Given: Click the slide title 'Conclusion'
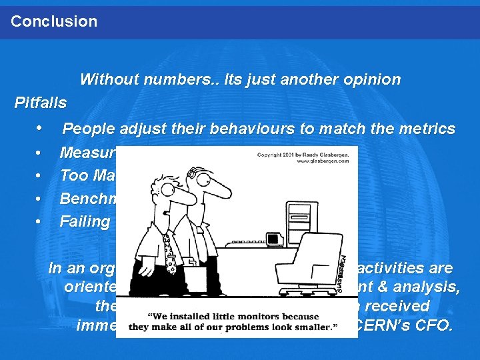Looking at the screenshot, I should tap(54, 21).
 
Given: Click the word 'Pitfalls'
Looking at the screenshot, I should tap(41, 103).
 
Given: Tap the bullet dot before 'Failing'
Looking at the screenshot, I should tap(41, 221).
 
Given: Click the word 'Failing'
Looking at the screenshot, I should tap(85, 221).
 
